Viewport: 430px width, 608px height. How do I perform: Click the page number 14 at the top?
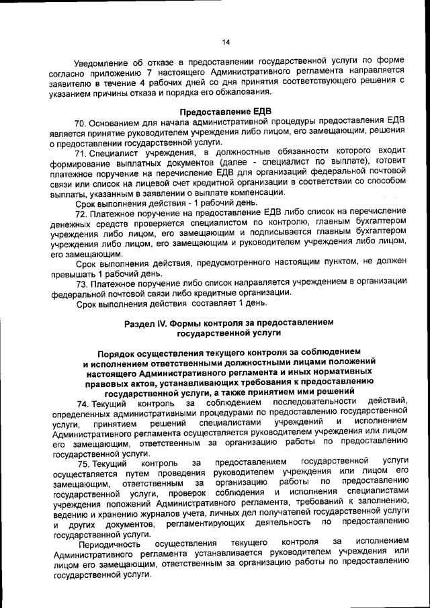tap(226, 42)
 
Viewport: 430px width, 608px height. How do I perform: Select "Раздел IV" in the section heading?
tap(146, 323)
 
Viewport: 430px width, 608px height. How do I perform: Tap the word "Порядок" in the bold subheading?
tap(116, 353)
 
